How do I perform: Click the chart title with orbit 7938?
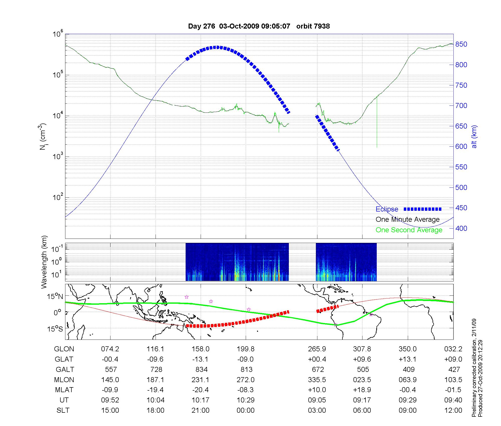(x=259, y=26)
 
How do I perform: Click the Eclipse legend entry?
(x=387, y=209)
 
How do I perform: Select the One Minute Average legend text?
(x=408, y=220)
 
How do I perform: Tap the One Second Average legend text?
(x=409, y=230)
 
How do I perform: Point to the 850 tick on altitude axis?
(x=461, y=44)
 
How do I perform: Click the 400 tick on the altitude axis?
(x=461, y=228)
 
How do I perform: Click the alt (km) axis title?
(x=474, y=137)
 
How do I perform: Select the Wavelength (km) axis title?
(x=44, y=262)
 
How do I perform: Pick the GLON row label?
(x=64, y=349)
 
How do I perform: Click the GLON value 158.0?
(x=200, y=349)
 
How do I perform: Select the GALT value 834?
(x=201, y=369)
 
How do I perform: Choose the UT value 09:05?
(x=317, y=400)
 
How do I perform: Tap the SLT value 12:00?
(x=453, y=410)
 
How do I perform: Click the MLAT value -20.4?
(x=200, y=390)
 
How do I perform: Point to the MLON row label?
(x=64, y=380)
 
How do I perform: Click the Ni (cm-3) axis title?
(x=43, y=137)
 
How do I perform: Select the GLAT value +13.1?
(x=408, y=359)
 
